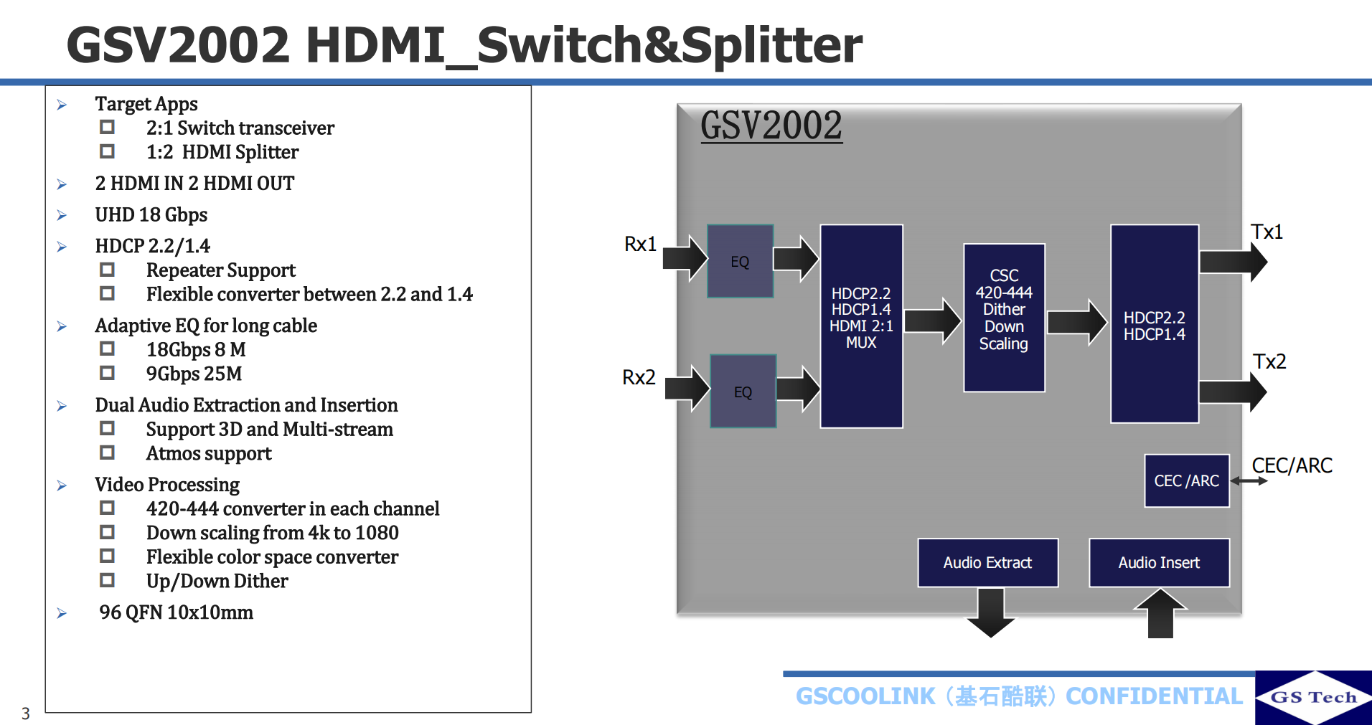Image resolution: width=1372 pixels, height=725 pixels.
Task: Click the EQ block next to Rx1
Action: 740,261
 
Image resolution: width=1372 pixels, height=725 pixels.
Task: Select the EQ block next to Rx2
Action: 743,392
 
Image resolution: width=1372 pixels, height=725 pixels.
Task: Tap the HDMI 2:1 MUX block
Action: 861,326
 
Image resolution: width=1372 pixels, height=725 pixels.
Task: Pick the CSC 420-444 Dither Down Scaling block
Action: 1004,318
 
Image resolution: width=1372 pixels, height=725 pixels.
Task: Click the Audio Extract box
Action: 987,563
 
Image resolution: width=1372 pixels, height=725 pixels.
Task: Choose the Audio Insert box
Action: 1159,563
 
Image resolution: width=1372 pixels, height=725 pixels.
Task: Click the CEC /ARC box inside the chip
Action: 1186,480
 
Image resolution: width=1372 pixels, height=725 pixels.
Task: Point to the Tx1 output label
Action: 1267,232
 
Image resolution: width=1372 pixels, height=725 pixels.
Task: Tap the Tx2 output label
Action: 1269,361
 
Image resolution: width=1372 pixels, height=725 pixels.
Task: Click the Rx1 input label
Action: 640,245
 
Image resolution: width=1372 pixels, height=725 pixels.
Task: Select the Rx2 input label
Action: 639,377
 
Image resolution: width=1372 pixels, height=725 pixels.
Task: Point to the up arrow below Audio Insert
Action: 1160,613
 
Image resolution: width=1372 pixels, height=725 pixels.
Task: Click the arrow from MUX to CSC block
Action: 932,321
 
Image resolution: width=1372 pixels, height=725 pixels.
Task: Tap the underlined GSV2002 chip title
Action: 771,126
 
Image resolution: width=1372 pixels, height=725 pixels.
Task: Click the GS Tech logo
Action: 1313,697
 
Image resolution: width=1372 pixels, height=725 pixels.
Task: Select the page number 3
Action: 26,714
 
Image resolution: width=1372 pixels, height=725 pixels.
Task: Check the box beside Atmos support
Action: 108,452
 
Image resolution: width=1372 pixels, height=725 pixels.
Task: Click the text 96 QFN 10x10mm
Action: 176,612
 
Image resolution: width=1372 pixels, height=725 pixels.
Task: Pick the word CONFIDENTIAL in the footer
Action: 1154,696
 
